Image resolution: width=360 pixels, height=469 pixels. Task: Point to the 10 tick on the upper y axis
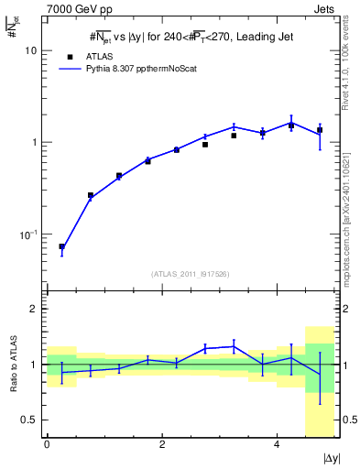[x=34, y=50]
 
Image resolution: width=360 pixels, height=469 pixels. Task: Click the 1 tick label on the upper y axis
[x=37, y=143]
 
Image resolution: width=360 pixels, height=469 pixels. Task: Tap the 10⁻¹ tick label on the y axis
[x=32, y=234]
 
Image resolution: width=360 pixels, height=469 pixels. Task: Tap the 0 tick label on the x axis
[x=47, y=446]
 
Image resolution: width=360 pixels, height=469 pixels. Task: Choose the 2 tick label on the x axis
[x=161, y=446]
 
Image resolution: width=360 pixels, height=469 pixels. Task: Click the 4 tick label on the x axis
[x=277, y=446]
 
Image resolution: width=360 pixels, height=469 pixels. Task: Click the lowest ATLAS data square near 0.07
[x=61, y=246]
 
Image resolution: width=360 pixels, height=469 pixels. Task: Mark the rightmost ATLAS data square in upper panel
[x=320, y=130]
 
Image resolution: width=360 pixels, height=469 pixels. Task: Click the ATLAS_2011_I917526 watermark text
[x=190, y=274]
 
